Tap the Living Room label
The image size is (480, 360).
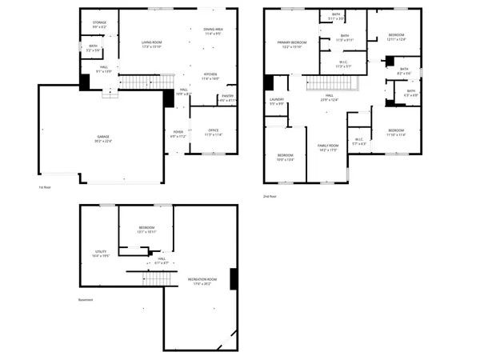pos(152,45)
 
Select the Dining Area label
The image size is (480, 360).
pos(213,31)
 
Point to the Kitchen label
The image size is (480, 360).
pos(210,76)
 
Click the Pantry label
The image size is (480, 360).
pos(228,98)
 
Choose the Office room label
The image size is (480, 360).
pos(213,131)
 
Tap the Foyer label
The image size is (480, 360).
pos(178,134)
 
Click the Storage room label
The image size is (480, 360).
pos(99,24)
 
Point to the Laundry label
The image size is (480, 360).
pos(277,101)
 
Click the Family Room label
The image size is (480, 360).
pos(329,146)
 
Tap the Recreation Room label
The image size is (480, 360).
pos(199,280)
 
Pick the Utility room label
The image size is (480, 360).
pos(101,254)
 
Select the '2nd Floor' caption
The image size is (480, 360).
pos(269,196)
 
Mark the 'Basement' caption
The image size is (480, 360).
pos(86,300)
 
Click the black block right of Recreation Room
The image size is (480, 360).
pos(234,278)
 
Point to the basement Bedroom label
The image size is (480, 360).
pos(146,230)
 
